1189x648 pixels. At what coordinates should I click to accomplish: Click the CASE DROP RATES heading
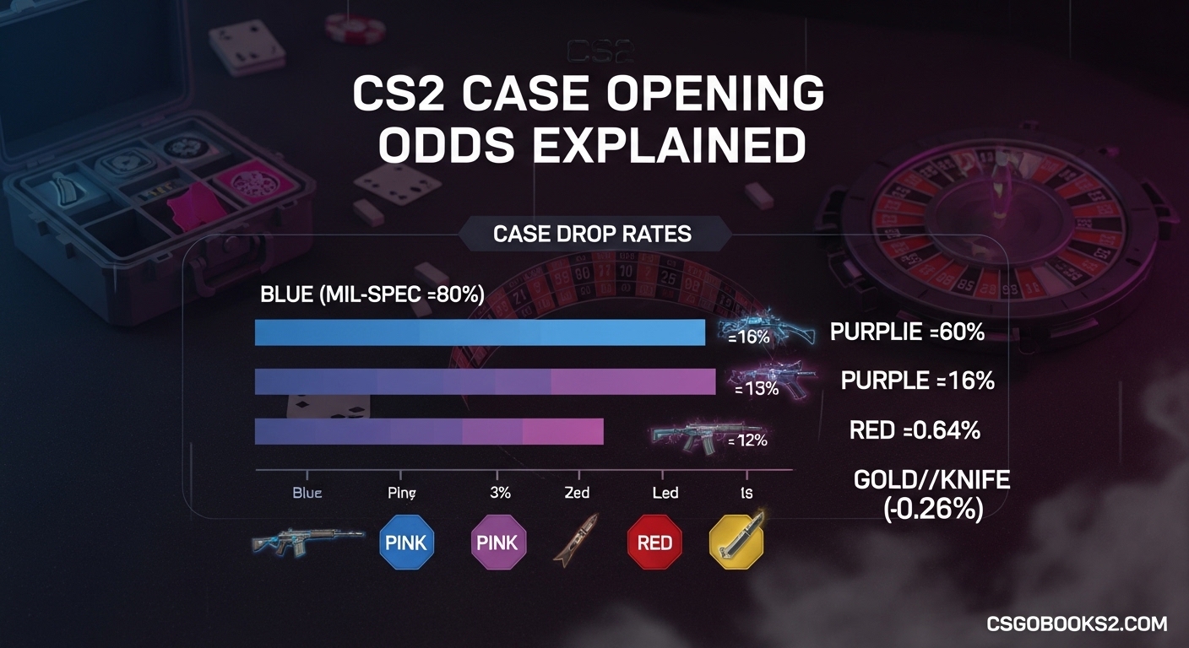point(592,233)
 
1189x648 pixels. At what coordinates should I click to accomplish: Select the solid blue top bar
point(480,332)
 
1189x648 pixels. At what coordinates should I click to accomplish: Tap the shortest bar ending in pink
point(429,431)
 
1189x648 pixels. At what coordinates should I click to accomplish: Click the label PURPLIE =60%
point(907,332)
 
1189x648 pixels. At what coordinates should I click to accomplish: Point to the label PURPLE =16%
point(917,381)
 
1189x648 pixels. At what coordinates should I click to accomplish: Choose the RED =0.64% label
point(915,430)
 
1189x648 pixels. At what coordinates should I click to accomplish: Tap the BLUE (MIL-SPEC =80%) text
point(372,294)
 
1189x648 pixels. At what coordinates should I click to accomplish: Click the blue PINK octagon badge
point(406,542)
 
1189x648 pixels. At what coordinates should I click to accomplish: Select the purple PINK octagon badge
point(497,542)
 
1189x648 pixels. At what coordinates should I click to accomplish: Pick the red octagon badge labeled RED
point(654,543)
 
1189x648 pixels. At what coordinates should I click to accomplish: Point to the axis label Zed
point(577,492)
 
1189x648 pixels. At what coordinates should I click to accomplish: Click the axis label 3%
point(500,492)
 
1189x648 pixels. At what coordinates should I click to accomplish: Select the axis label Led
point(665,492)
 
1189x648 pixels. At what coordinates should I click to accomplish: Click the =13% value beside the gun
point(756,390)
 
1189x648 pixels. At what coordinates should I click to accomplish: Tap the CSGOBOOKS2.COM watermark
point(1077,624)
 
